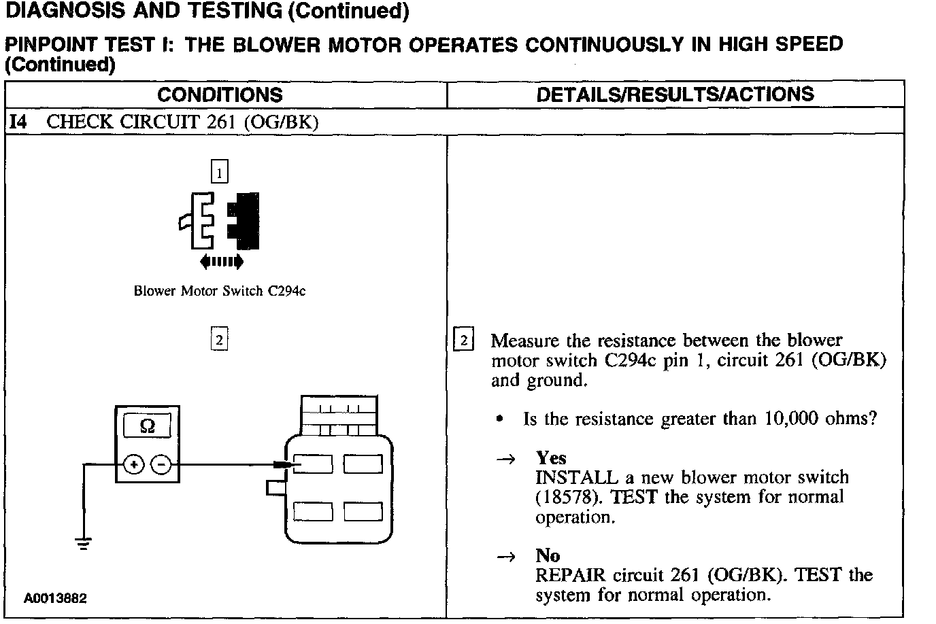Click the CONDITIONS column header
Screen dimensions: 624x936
219,94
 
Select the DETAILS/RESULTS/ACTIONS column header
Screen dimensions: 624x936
675,94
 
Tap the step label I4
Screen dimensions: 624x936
18,122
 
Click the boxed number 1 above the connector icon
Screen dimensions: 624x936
219,173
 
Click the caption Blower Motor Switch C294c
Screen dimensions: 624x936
219,291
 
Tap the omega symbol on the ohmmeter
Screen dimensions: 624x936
147,426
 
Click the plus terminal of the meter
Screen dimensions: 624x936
135,465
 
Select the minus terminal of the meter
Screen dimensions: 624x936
161,465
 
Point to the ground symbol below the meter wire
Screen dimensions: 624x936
84,543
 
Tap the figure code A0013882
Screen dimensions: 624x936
55,599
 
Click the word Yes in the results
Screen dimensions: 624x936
550,457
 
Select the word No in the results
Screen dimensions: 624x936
548,555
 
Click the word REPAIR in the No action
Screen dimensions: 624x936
570,575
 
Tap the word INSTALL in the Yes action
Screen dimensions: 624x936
577,477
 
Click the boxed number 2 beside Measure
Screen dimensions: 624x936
463,340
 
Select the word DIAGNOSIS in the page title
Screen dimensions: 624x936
62,11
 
